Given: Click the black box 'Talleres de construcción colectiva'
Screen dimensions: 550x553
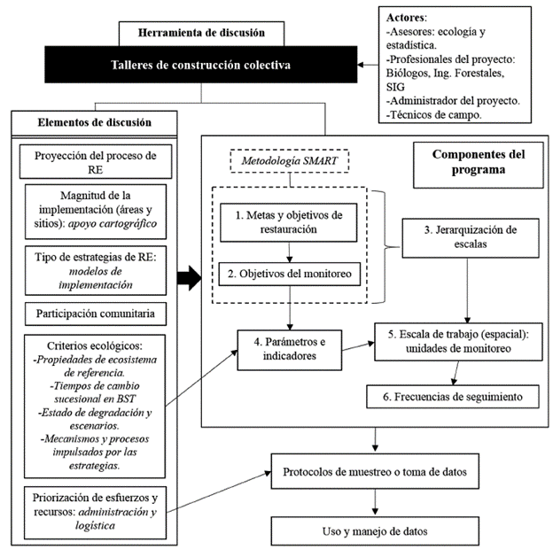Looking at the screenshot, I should tap(200, 65).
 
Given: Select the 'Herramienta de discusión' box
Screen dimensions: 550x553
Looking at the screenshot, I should tap(201, 34).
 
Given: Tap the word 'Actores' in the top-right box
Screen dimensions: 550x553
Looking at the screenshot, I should tap(407, 18).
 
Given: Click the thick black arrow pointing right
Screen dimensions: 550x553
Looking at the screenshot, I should tap(188, 279).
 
